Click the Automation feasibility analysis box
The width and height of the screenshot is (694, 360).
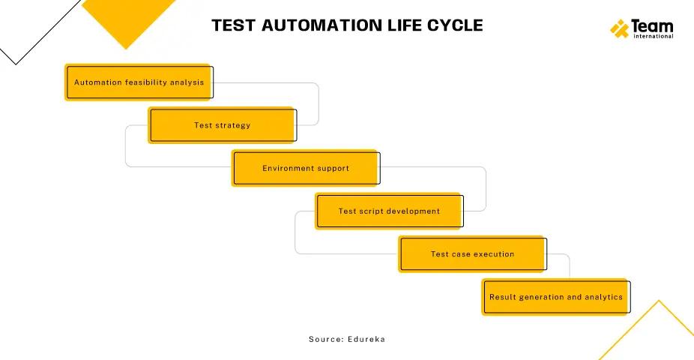139,82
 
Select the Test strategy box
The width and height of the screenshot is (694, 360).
222,125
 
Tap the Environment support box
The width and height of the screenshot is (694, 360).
306,168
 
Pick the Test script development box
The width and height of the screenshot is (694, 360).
389,211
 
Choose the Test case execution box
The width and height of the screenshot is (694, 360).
472,254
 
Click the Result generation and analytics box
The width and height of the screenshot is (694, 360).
555,297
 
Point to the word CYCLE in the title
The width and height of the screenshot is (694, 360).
453,25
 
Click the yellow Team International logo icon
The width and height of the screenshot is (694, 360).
619,29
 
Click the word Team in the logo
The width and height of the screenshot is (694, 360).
652,25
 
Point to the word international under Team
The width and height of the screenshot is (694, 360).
652,36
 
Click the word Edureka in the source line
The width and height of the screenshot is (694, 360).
366,339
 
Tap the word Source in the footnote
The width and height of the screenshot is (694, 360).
325,339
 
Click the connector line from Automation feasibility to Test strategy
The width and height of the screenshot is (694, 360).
319,103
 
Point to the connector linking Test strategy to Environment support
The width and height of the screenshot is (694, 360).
126,146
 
